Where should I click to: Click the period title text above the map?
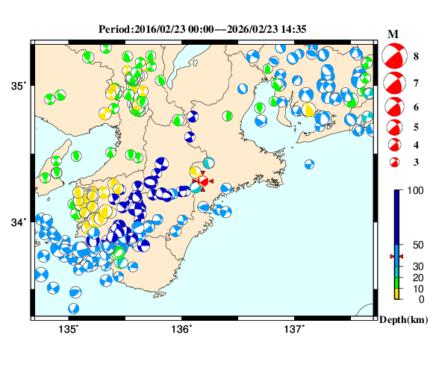click(x=203, y=29)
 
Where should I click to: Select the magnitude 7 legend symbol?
click(x=393, y=83)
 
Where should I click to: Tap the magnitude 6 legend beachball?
click(x=393, y=107)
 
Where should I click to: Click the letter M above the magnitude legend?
click(x=393, y=34)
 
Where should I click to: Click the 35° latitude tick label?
click(x=18, y=86)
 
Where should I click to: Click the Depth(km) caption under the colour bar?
click(x=404, y=319)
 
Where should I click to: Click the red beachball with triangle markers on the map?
click(x=202, y=181)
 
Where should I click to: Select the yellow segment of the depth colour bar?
click(x=398, y=294)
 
